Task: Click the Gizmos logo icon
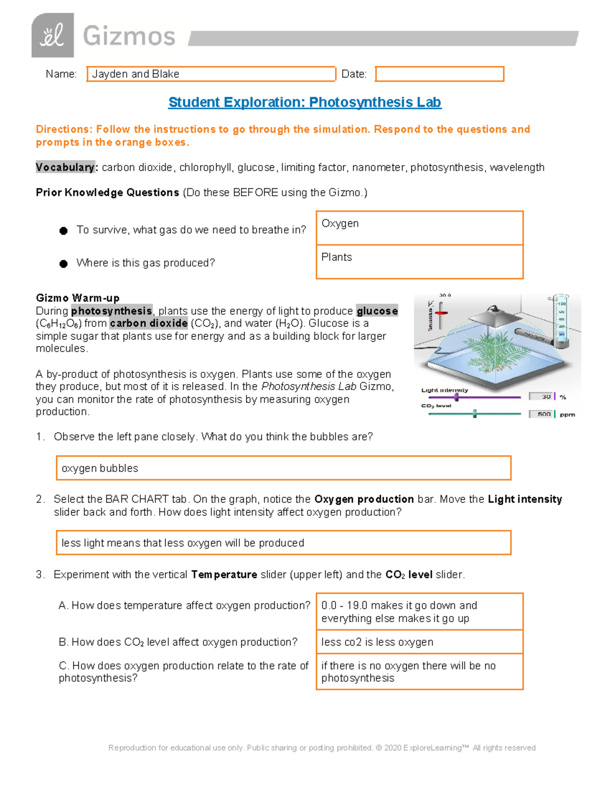(x=52, y=36)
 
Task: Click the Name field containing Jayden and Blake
(x=211, y=74)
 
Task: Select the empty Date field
(x=439, y=74)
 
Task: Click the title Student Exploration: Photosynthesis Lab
(x=304, y=102)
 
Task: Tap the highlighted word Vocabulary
(x=65, y=167)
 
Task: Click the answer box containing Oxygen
(x=419, y=228)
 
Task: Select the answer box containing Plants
(x=419, y=261)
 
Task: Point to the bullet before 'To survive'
(x=64, y=231)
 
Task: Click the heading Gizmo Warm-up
(x=78, y=298)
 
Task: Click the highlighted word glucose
(x=377, y=311)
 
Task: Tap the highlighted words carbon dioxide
(x=148, y=323)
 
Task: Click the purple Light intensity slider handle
(x=456, y=397)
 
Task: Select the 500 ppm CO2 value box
(x=541, y=414)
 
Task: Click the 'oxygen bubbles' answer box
(x=283, y=468)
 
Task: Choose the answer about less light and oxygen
(x=283, y=543)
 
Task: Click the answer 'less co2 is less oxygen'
(x=419, y=642)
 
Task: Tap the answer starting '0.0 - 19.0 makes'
(x=419, y=611)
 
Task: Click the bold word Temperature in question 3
(x=224, y=574)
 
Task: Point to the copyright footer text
(x=322, y=748)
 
